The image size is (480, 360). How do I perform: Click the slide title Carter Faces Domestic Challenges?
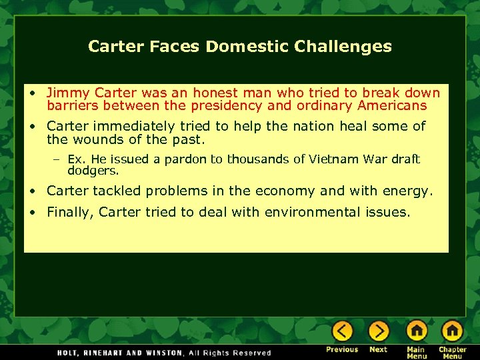click(x=240, y=47)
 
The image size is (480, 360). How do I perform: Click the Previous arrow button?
click(x=342, y=331)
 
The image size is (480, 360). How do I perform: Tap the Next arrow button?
click(x=379, y=331)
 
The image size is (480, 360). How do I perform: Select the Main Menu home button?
click(x=416, y=331)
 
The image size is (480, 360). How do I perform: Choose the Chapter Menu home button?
click(x=453, y=331)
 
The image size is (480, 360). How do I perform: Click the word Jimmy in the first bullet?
click(x=64, y=93)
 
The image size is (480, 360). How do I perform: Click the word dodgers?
click(x=93, y=170)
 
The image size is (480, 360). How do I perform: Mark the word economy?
click(x=287, y=191)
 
